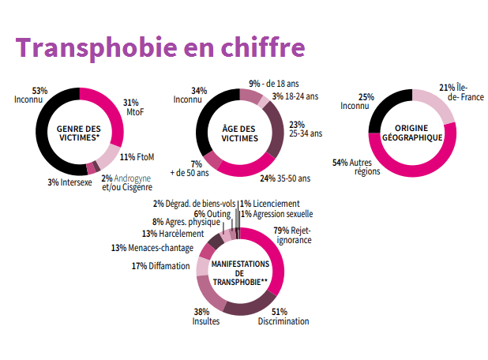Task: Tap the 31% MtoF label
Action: (134, 107)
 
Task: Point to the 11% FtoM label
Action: (135, 157)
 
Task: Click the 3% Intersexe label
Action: (70, 182)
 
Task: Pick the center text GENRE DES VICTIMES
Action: (79, 131)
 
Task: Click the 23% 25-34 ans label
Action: (306, 129)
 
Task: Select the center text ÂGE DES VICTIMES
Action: (240, 132)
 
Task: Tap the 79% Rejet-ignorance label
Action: (292, 235)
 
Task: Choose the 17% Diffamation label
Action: (160, 266)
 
